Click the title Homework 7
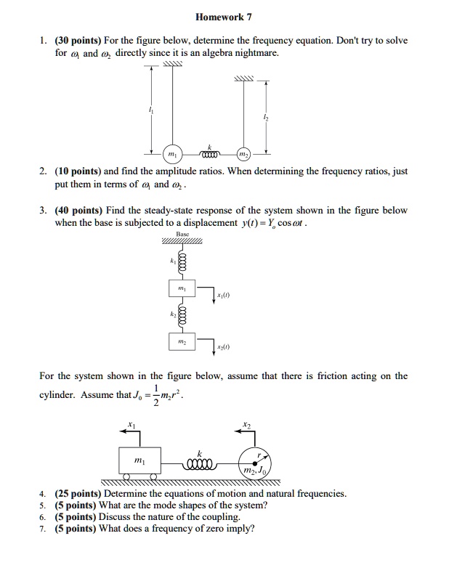223,17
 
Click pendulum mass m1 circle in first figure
171,155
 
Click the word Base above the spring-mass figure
182,235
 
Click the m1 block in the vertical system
182,289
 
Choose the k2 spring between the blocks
181,314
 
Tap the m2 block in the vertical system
182,342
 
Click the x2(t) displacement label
223,349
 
